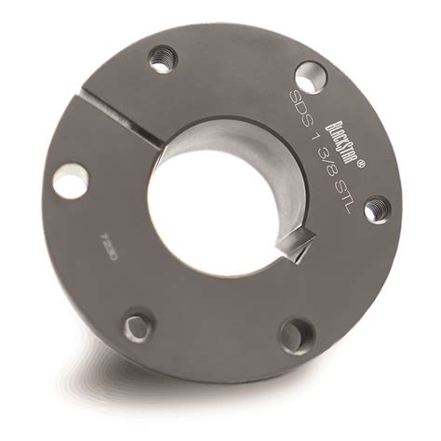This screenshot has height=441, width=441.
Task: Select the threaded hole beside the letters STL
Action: pyautogui.click(x=375, y=210)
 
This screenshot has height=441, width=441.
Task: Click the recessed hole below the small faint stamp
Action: pyautogui.click(x=138, y=326)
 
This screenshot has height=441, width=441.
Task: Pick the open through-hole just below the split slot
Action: pyautogui.click(x=70, y=180)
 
